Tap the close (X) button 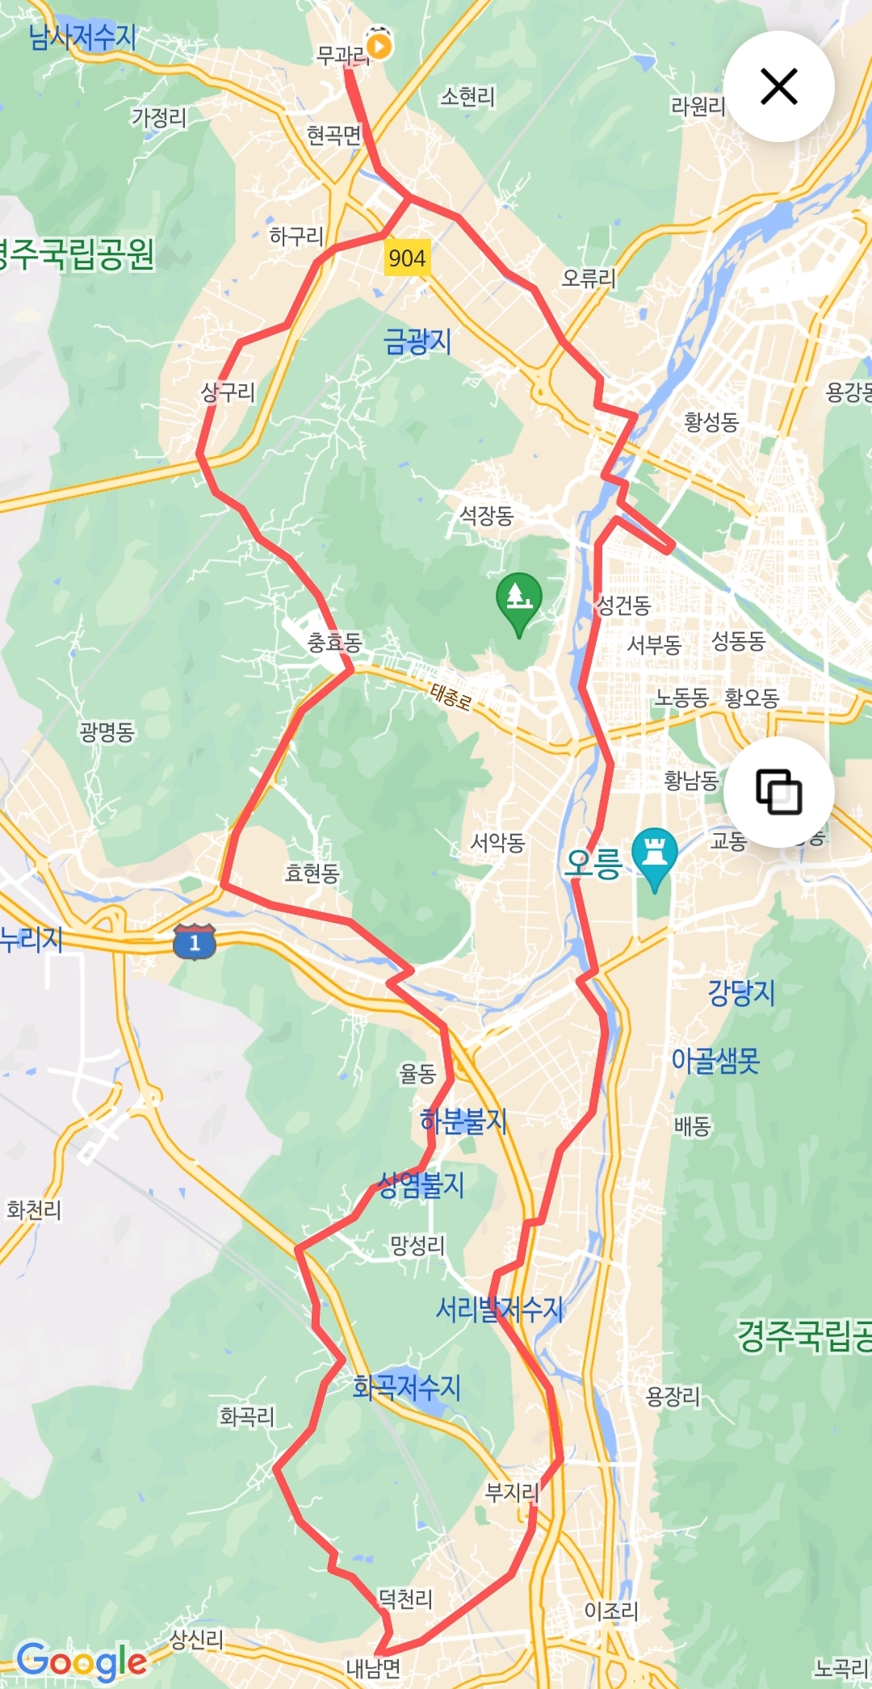click(x=778, y=86)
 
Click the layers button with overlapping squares click(x=778, y=791)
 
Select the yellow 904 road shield click(x=406, y=258)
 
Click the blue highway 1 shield click(x=195, y=941)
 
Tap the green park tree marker click(x=518, y=599)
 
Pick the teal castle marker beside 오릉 click(x=655, y=853)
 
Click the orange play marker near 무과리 click(x=378, y=44)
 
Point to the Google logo click(x=82, y=1662)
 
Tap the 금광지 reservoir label click(x=417, y=342)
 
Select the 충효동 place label click(x=334, y=643)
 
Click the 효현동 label click(x=312, y=873)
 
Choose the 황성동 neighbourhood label click(x=711, y=421)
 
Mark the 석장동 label click(x=486, y=515)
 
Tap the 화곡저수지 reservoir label click(x=406, y=1387)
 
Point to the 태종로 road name click(x=451, y=696)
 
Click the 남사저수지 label click(x=82, y=37)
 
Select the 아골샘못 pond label click(x=715, y=1060)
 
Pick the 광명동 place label click(x=107, y=732)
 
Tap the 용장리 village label click(x=673, y=1396)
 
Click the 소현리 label click(x=467, y=97)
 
